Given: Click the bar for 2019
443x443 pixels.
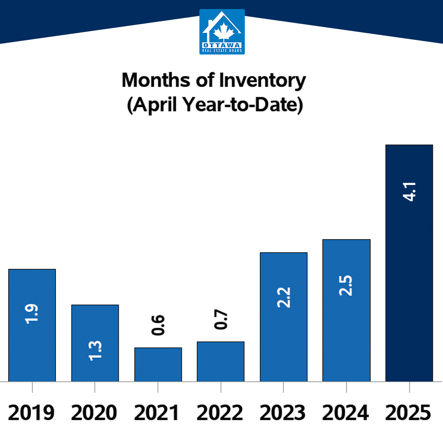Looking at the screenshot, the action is tap(32, 325).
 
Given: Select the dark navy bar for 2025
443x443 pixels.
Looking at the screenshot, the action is tap(409, 263).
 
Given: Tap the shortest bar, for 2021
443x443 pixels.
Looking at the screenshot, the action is tap(158, 365).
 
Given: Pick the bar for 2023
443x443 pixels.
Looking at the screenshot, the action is tap(284, 317).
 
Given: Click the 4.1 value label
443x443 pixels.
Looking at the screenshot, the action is tap(409, 192).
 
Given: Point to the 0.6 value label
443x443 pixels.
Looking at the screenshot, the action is tap(158, 325).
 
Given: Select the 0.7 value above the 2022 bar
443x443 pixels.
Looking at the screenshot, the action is tap(221, 319).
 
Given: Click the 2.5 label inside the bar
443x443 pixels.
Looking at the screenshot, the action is tap(346, 285).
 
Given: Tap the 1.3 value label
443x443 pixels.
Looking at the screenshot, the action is tap(95, 351).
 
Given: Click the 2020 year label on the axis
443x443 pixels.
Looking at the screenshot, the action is tap(94, 413).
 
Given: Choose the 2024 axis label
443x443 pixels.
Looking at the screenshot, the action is tap(345, 413).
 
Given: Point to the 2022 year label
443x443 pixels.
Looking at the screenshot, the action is tap(219, 413).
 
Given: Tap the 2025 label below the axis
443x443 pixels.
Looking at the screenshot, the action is tap(408, 413).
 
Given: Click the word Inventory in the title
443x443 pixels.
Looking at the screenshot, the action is tap(263, 80).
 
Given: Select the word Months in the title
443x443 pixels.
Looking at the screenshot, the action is tap(156, 80).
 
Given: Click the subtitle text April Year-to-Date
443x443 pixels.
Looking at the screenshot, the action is tap(215, 105).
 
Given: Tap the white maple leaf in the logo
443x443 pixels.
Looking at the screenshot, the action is tap(224, 31).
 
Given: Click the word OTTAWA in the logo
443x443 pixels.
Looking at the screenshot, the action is tap(222, 45).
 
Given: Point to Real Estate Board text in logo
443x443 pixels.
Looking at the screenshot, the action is tap(222, 51).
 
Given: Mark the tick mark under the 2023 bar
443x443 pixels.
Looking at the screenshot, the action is tap(283, 387).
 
